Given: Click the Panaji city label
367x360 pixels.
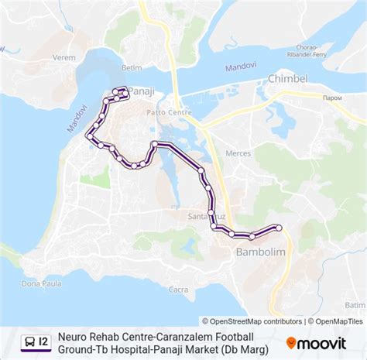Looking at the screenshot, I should coord(142,91).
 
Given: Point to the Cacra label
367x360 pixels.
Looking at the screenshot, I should coord(178,290).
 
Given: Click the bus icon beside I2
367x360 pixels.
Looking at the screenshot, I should coord(29,341).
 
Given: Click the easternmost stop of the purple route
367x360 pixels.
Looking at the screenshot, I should coord(278,228).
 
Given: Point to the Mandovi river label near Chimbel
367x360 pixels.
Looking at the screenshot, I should coord(241,67).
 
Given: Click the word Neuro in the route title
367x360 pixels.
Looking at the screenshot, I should coord(74,337).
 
